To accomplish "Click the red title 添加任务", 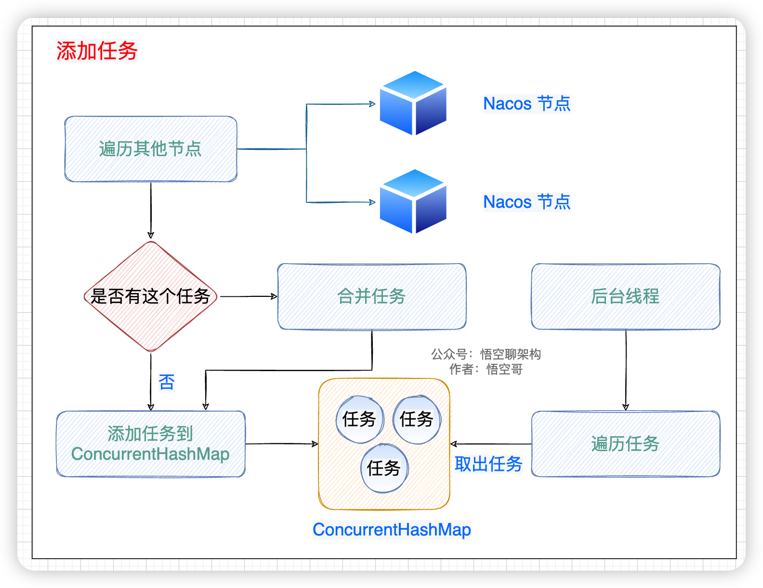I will pos(97,51).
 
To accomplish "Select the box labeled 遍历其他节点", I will pos(151,149).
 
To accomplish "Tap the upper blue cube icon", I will pos(413,103).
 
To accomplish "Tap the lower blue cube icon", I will pos(413,201).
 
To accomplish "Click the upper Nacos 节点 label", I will pos(526,104).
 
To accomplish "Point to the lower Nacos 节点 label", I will pos(526,202).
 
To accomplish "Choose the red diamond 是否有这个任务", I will pos(151,296).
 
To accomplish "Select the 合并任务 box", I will pos(371,296).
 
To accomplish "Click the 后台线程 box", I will pos(625,296).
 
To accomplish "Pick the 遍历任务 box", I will pos(625,444).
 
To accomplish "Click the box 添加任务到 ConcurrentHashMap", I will pos(151,444).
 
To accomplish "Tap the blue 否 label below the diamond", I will pos(167,382).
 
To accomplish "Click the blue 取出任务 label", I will pos(488,464).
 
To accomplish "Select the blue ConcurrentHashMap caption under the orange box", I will pos(392,530).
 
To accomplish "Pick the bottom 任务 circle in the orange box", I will pos(384,468).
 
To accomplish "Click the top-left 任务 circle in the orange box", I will pos(359,419).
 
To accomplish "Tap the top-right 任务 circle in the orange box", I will pos(417,419).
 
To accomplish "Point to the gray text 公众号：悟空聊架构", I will pos(486,355).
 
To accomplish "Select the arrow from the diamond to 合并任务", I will pos(248,296).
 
